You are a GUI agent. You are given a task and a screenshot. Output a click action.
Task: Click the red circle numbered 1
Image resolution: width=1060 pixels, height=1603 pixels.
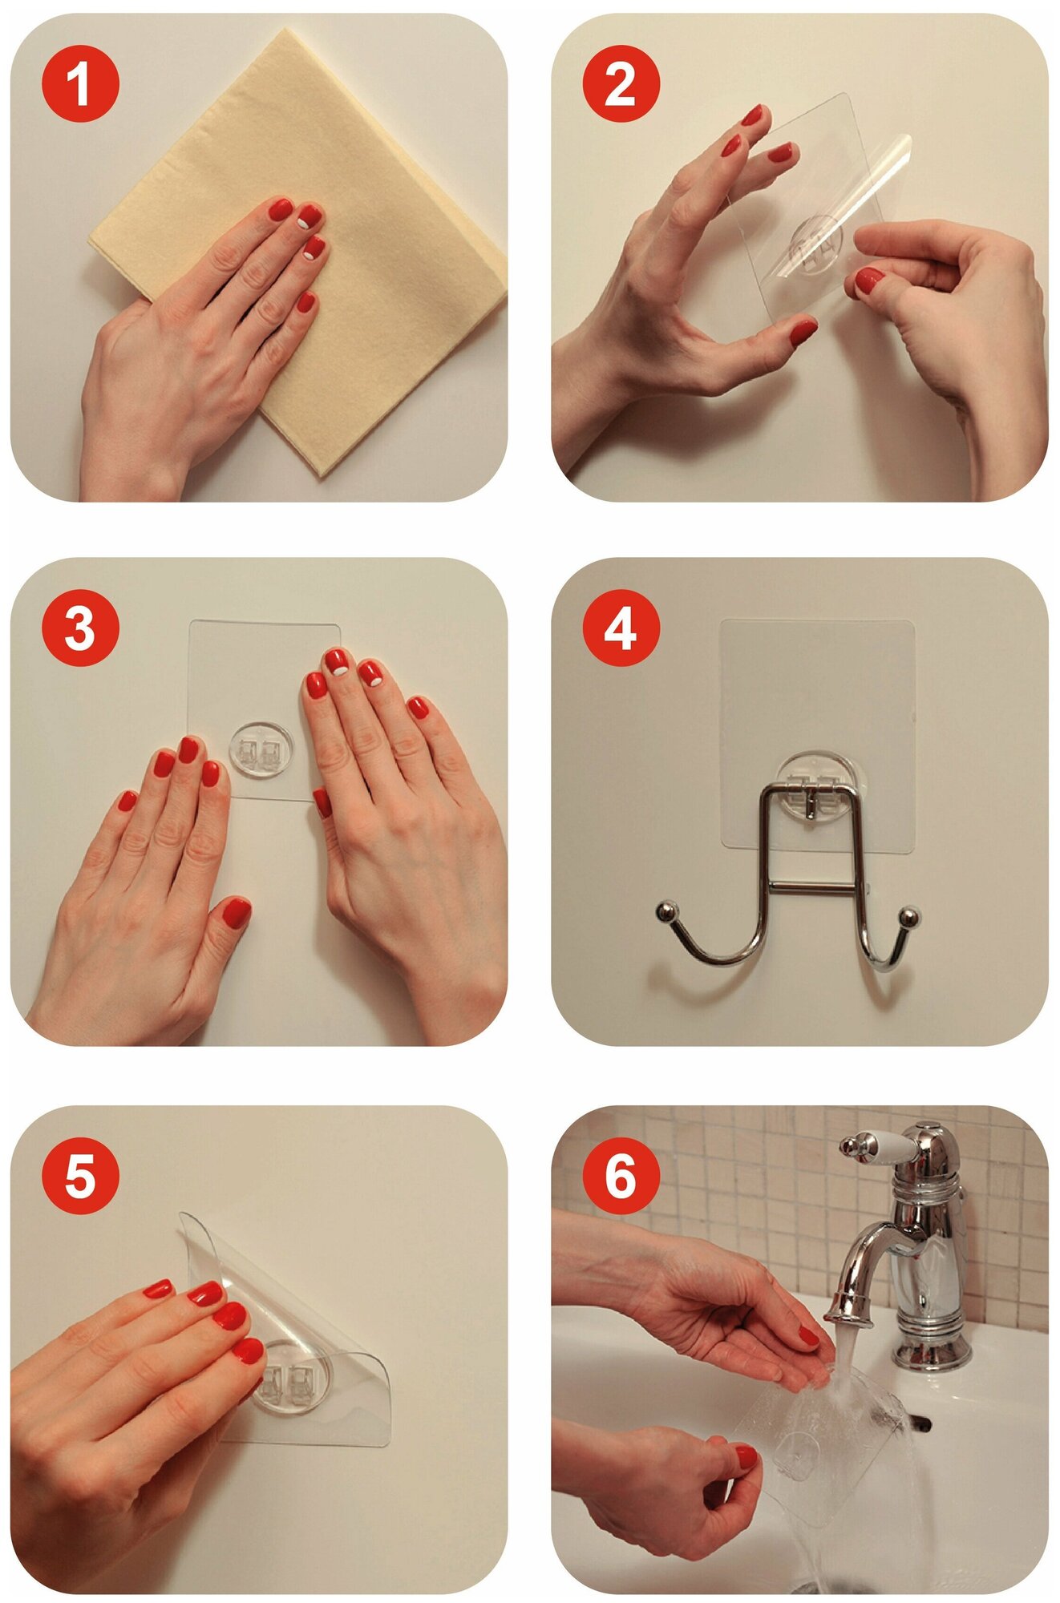(79, 83)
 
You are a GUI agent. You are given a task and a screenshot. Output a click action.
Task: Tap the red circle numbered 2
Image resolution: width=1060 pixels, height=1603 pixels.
(621, 83)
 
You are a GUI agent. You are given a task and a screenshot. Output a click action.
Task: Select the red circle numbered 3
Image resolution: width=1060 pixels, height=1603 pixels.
(79, 628)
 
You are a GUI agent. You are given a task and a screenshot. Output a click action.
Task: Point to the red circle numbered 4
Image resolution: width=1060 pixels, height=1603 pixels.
(621, 628)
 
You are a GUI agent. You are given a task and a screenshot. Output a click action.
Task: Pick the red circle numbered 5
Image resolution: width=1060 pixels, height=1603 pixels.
(79, 1175)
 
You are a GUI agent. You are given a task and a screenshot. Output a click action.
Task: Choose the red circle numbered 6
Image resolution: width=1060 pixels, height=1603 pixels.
(621, 1175)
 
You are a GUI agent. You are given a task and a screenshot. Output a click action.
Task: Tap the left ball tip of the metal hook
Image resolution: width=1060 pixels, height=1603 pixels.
(665, 911)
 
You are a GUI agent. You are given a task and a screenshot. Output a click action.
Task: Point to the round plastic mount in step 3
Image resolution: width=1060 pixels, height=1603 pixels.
(261, 749)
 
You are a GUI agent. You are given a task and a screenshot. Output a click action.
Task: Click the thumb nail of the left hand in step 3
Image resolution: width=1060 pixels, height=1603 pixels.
(237, 913)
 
